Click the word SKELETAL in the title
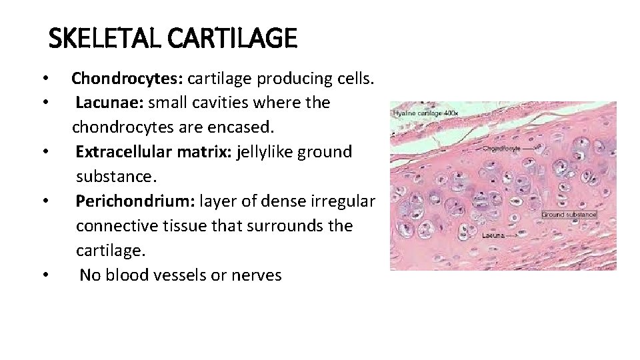[105, 38]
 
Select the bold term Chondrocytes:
[127, 79]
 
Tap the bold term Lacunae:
[109, 103]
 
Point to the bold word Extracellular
[124, 151]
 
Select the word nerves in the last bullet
[256, 275]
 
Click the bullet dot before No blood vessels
[43, 275]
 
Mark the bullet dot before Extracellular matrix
[43, 152]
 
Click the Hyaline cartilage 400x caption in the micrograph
[425, 113]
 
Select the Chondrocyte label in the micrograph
[501, 147]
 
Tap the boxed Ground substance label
[568, 215]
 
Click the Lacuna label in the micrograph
[495, 235]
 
